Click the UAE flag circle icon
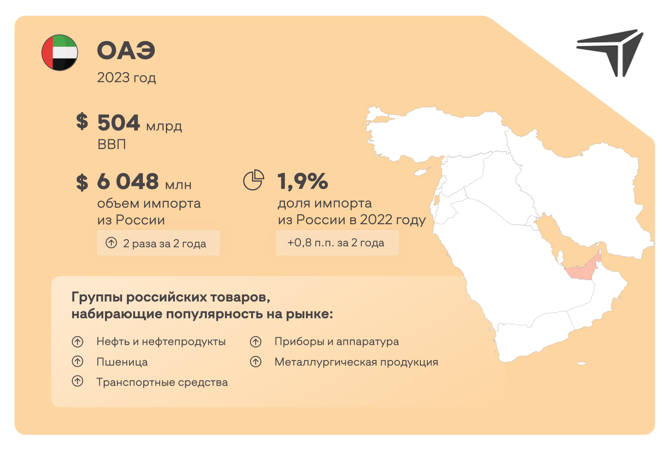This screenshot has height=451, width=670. point(60,53)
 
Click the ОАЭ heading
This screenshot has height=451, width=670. point(126,51)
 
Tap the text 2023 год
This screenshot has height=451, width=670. point(126,77)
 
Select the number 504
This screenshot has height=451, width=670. point(118,123)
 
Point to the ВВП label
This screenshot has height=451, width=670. point(112,144)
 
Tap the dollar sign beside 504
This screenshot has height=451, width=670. point(82,122)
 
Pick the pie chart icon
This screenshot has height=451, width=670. point(253,180)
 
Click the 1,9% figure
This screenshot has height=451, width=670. point(303,181)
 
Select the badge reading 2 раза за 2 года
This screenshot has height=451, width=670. point(158,243)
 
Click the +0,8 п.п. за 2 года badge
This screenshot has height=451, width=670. point(337,243)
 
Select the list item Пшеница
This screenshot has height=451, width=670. point(122,362)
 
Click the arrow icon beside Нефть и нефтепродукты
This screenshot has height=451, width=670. point(77,341)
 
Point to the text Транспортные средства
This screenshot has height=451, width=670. point(162,382)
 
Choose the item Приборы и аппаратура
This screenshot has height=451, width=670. point(337,341)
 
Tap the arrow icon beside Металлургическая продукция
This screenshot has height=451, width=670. point(255,362)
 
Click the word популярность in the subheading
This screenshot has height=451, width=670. point(214,314)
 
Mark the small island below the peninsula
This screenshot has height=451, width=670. point(582,363)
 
